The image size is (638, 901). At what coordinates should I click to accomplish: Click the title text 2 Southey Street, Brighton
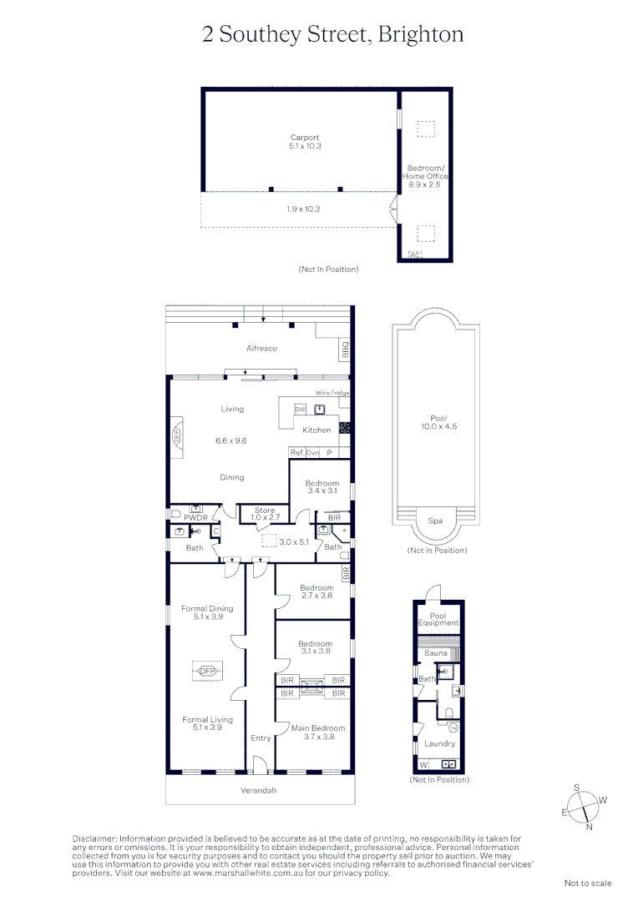click(x=333, y=34)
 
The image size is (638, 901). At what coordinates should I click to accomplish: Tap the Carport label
click(x=305, y=138)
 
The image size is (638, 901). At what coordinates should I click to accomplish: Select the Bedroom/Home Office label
click(x=426, y=172)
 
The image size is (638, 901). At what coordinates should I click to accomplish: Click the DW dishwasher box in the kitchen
click(x=300, y=409)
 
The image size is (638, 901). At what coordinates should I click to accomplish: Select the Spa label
click(x=436, y=521)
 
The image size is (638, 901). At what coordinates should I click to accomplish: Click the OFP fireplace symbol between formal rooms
click(x=207, y=671)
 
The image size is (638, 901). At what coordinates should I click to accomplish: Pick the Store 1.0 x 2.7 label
click(x=265, y=514)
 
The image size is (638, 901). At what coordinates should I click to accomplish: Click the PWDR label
click(x=195, y=518)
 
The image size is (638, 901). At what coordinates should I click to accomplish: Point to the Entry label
click(x=261, y=738)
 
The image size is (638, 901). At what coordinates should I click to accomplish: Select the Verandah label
click(x=258, y=790)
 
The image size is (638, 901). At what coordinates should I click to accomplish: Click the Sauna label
click(x=436, y=653)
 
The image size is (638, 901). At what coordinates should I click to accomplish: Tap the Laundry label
click(x=439, y=743)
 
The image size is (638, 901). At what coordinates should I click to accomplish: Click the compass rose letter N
click(x=589, y=827)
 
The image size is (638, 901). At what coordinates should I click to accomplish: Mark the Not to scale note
click(x=588, y=883)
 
